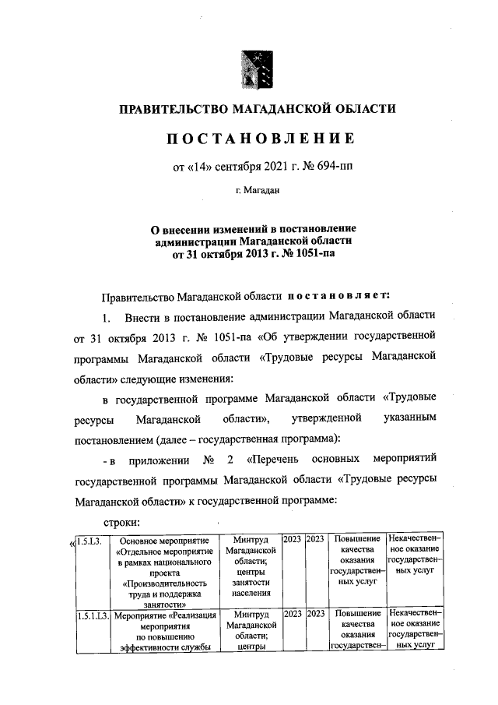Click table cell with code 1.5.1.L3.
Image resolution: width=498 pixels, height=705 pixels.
pyautogui.click(x=92, y=615)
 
